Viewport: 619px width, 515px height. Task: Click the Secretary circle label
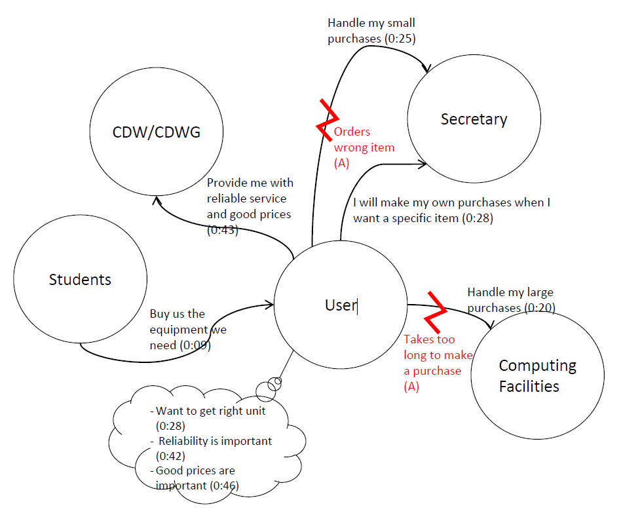tap(474, 119)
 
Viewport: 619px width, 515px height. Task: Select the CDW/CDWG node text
tap(157, 132)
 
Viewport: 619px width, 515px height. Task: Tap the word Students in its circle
tap(80, 280)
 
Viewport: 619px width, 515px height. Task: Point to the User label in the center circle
tap(341, 305)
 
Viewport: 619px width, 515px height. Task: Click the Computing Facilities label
tap(537, 375)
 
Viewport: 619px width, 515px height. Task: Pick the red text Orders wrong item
tap(364, 140)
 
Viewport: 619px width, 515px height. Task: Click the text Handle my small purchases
tap(371, 31)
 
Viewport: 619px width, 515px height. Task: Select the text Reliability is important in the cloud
tap(215, 441)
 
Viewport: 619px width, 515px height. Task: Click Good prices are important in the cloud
tap(195, 478)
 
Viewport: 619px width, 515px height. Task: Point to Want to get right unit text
tap(219, 411)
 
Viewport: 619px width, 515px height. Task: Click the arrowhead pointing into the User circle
tap(269, 304)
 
